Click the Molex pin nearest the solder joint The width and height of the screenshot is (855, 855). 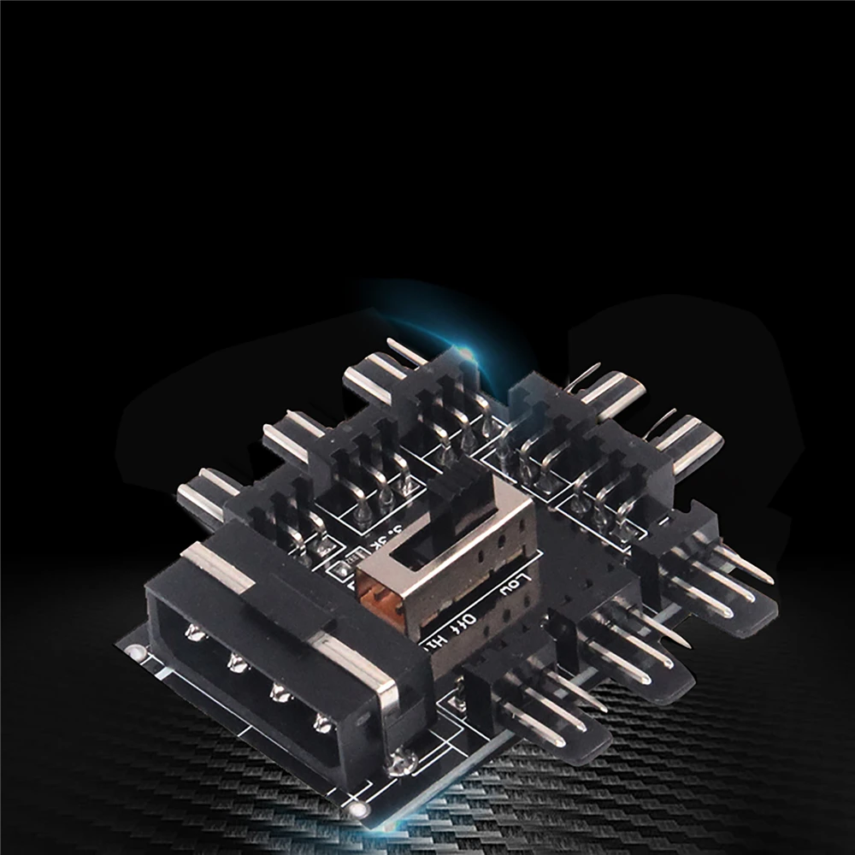coord(323,723)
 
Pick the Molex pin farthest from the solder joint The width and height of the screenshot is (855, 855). coord(194,634)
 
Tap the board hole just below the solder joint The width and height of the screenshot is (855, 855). coord(360,808)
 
